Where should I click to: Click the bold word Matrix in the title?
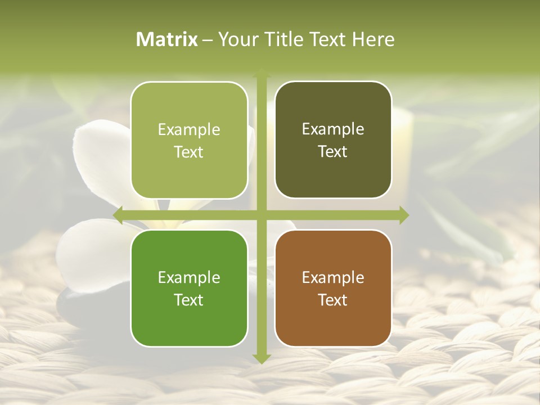(x=167, y=39)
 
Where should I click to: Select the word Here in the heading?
(x=373, y=39)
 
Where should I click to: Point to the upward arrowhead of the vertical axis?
(x=261, y=74)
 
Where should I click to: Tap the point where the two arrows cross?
(x=261, y=215)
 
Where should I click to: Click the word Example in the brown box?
(x=333, y=277)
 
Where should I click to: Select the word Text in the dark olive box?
(x=333, y=152)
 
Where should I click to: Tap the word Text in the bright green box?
(x=189, y=300)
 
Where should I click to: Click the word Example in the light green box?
(x=189, y=129)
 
